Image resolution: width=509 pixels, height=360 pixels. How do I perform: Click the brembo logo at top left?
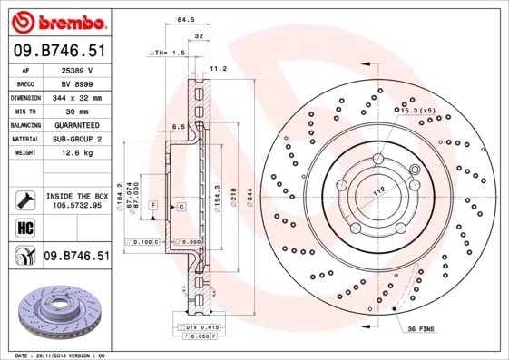coord(56,19)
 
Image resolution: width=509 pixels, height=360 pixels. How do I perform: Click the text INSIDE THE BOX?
coord(76,196)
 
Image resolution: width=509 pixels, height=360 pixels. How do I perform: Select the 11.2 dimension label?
coord(218,68)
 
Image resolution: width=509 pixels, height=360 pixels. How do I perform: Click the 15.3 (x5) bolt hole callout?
coord(411,110)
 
